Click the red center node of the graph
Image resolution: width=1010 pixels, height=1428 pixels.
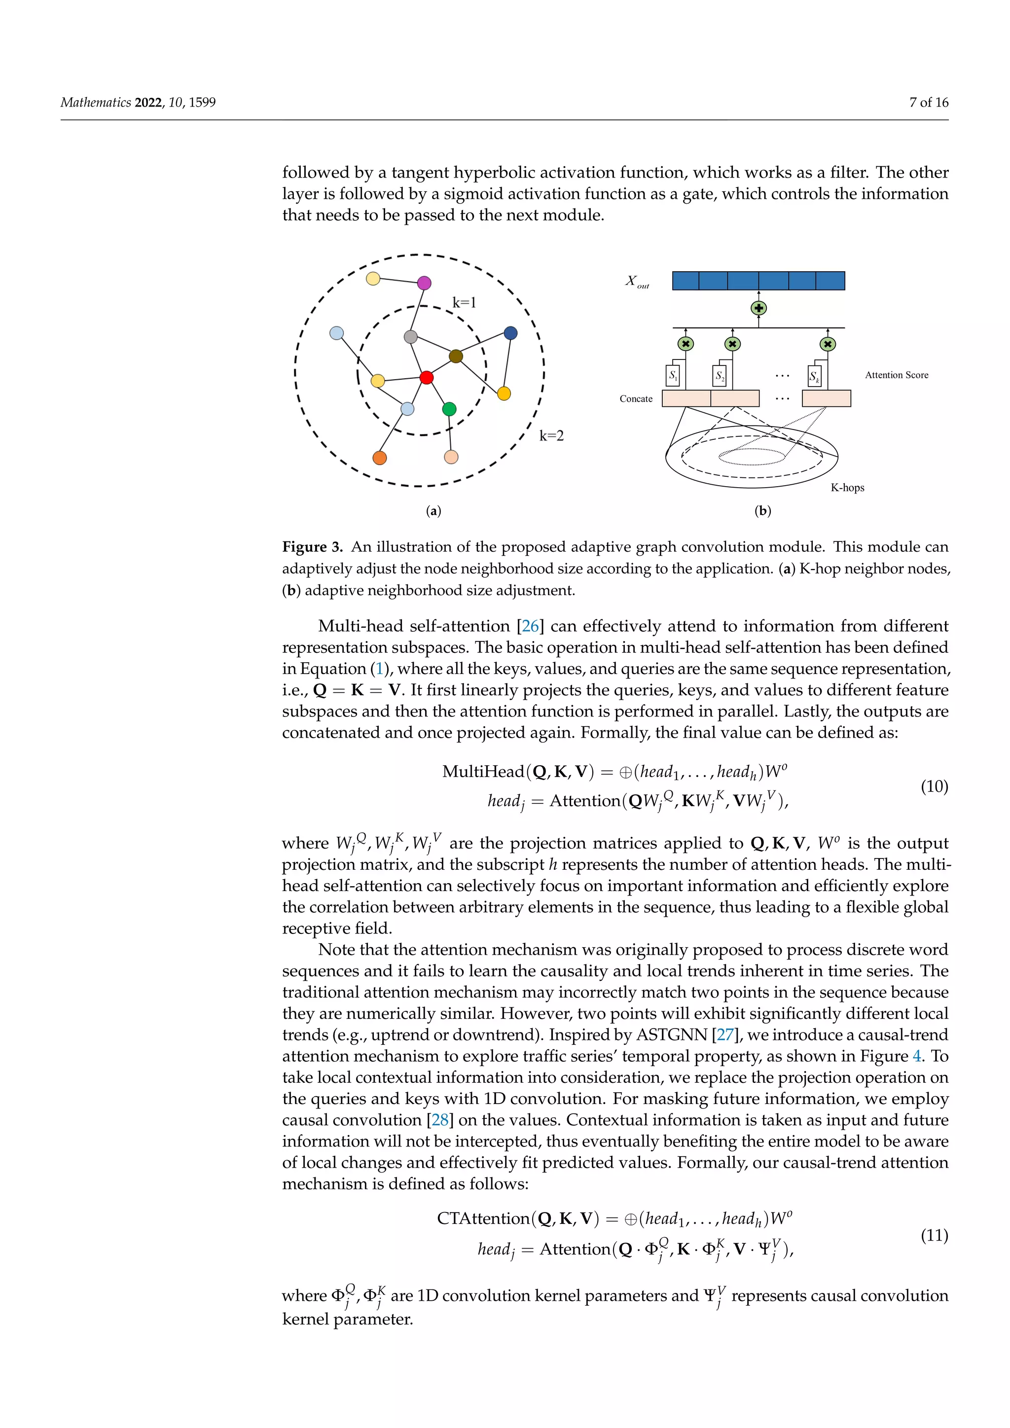pyautogui.click(x=426, y=378)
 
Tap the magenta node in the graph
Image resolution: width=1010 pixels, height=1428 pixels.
pyautogui.click(x=424, y=283)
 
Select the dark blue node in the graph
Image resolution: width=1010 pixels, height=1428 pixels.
pyautogui.click(x=510, y=333)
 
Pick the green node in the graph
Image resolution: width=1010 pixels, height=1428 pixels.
pyautogui.click(x=449, y=409)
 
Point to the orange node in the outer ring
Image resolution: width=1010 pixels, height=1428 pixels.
pyautogui.click(x=379, y=458)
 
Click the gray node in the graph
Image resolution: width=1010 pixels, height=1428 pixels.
pyautogui.click(x=410, y=336)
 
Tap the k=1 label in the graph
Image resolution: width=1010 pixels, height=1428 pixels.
pyautogui.click(x=464, y=303)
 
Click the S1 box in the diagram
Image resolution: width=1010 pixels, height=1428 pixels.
pyautogui.click(x=673, y=376)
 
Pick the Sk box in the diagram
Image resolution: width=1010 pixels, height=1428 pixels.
pyautogui.click(x=814, y=376)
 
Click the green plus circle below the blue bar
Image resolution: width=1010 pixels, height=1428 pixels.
pyautogui.click(x=759, y=308)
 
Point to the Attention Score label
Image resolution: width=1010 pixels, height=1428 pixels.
pyautogui.click(x=896, y=375)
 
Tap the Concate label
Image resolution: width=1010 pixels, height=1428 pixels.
pyautogui.click(x=636, y=399)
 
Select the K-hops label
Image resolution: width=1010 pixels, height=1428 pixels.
pyautogui.click(x=847, y=488)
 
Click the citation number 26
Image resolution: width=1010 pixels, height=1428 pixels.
pyautogui.click(x=530, y=626)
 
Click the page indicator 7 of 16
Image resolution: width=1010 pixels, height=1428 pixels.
pyautogui.click(x=929, y=103)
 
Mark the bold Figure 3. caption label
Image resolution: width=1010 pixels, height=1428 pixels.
pyautogui.click(x=312, y=547)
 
